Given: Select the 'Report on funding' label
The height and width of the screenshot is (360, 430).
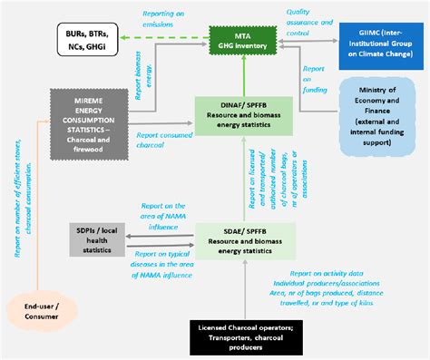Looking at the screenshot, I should [x=313, y=78].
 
